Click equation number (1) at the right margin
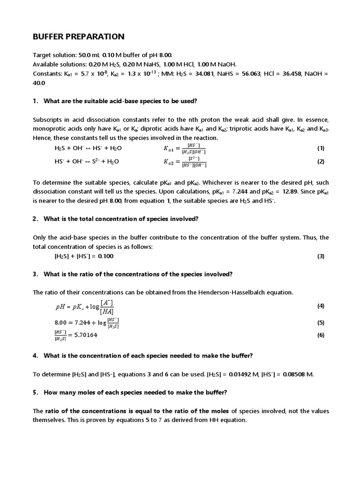coord(321,148)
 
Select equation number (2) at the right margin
coord(321,161)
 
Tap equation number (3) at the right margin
coord(321,256)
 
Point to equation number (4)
coord(321,306)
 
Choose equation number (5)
coord(321,322)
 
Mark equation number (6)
coord(321,335)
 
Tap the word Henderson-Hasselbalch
coord(237,292)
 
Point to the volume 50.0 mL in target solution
coord(88,55)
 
